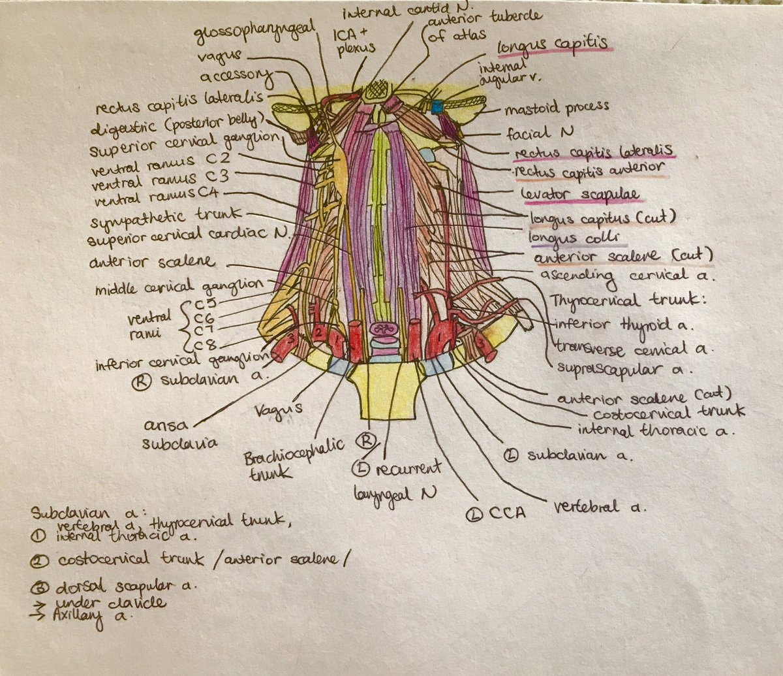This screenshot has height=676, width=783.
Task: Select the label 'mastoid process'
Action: tap(555, 106)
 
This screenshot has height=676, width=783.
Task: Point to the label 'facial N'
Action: tap(540, 132)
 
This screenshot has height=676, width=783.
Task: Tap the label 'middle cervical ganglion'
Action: tap(179, 285)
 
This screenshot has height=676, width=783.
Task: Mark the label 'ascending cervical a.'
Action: tap(629, 277)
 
